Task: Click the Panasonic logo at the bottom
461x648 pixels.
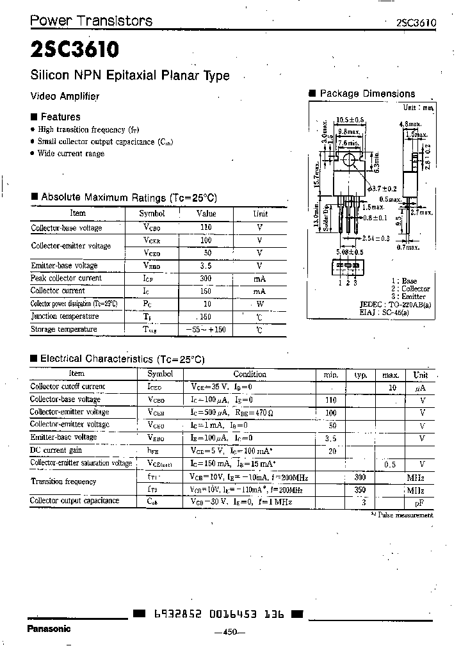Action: point(49,628)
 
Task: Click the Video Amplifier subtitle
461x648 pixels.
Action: point(65,96)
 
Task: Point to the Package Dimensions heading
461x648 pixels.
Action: point(367,93)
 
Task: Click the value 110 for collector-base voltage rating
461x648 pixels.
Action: point(206,227)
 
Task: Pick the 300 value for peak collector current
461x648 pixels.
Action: point(206,279)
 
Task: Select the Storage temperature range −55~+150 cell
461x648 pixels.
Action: point(206,329)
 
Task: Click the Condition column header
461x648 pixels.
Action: point(250,374)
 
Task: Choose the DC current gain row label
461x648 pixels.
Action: point(57,450)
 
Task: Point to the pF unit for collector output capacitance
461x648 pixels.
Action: point(421,502)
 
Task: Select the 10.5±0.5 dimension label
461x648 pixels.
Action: point(350,120)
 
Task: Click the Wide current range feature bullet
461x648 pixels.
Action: point(70,154)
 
